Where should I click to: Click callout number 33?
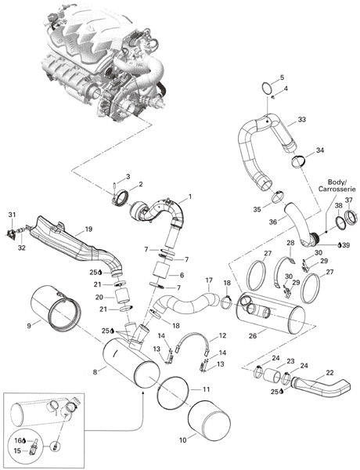(301, 120)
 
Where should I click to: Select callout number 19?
(88, 230)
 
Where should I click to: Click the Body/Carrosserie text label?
(337, 186)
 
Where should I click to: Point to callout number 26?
(253, 336)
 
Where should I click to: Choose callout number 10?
(183, 440)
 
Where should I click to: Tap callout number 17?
(209, 281)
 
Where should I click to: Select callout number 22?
(329, 373)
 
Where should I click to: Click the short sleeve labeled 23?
(272, 375)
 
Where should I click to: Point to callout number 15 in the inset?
(17, 450)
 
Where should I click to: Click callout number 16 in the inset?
(18, 440)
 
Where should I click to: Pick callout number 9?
(29, 325)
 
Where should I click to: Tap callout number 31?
(12, 215)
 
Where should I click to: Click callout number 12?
(222, 336)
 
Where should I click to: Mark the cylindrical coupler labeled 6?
(161, 271)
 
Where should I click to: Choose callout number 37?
(348, 200)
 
